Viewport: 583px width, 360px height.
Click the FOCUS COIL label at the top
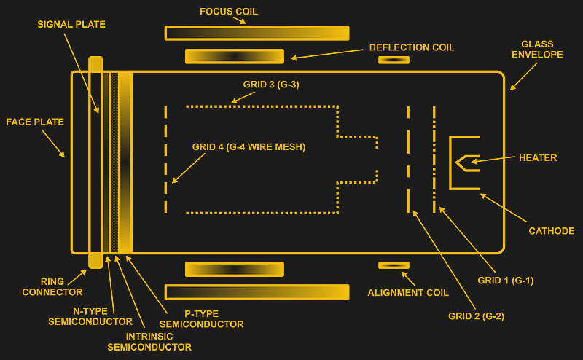point(229,12)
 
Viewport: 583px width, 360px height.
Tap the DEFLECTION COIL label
point(412,47)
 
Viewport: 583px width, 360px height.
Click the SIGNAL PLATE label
point(71,24)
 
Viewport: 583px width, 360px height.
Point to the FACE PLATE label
point(35,122)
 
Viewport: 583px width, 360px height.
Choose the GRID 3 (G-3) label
point(270,85)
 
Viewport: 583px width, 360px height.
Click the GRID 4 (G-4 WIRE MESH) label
point(249,146)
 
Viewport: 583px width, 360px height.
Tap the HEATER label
point(538,157)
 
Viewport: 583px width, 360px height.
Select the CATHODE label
point(551,231)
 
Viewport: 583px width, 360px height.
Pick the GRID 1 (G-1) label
point(504,280)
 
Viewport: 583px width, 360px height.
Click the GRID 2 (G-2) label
point(476,316)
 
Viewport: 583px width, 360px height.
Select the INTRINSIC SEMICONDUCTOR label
point(149,342)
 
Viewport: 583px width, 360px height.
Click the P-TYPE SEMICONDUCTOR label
point(201,318)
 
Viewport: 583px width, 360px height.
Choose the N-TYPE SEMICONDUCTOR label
point(90,316)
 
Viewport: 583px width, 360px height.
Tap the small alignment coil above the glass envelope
point(394,60)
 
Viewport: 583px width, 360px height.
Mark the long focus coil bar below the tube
point(257,292)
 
